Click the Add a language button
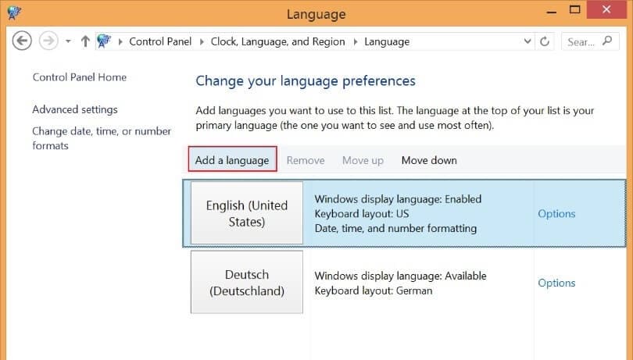pos(232,160)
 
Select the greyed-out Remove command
pos(306,160)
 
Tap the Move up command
pos(363,160)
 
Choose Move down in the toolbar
pos(429,160)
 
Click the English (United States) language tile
pos(247,213)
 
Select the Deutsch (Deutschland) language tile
pos(247,282)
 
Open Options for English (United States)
pos(556,213)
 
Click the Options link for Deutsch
pos(556,283)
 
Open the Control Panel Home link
pos(80,77)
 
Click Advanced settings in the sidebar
pos(75,109)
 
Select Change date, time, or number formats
pos(102,138)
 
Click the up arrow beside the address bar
pos(85,41)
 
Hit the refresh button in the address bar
pos(545,41)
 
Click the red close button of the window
pos(606,9)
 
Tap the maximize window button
pos(574,9)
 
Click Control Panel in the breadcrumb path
pos(160,41)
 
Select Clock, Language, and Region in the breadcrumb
pos(277,41)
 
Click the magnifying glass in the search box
pos(607,41)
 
